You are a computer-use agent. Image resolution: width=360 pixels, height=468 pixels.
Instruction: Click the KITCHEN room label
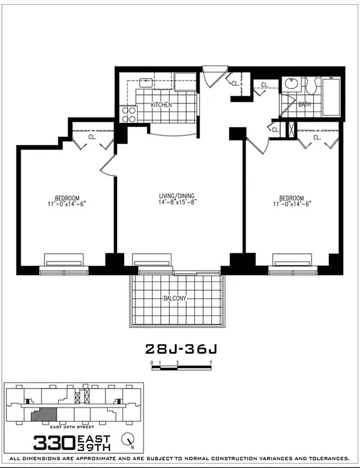[x=161, y=105]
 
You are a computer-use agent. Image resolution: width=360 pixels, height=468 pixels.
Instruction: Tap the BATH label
[x=304, y=105]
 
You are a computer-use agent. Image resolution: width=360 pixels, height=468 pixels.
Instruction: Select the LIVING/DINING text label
[x=176, y=196]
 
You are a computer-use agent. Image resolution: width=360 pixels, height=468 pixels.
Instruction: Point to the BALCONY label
[x=175, y=298]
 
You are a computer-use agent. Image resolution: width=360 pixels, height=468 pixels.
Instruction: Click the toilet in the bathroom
[x=311, y=87]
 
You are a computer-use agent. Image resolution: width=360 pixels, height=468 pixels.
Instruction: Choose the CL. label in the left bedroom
[x=92, y=138]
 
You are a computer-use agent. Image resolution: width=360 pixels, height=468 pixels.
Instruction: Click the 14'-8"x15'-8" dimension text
[x=176, y=204]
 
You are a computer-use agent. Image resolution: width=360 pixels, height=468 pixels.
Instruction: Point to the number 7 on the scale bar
[x=210, y=363]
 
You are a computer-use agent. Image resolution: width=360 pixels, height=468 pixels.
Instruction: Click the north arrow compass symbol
[x=126, y=438]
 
